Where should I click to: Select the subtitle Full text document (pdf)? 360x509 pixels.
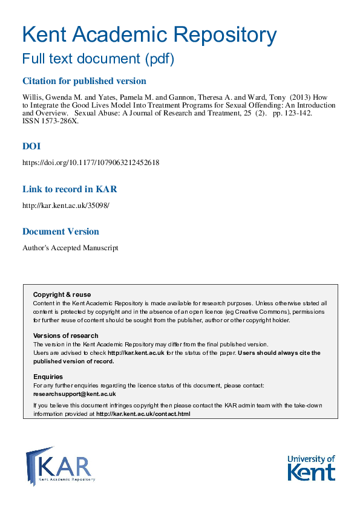[x=98, y=59]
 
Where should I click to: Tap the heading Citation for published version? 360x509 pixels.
[x=84, y=81]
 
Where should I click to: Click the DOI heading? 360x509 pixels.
[x=31, y=146]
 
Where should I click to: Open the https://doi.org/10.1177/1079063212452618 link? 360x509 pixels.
[x=91, y=163]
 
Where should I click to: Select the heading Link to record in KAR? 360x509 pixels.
[x=69, y=189]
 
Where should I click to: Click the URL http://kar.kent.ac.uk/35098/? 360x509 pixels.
[x=66, y=206]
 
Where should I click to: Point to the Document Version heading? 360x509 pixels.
[x=61, y=232]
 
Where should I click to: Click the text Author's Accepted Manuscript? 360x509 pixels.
[x=70, y=248]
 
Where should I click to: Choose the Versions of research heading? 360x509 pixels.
[x=65, y=336]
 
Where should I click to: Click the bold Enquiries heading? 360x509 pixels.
[x=47, y=377]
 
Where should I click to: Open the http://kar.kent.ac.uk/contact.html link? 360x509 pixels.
[x=143, y=414]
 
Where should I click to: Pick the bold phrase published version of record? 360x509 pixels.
[x=73, y=361]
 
